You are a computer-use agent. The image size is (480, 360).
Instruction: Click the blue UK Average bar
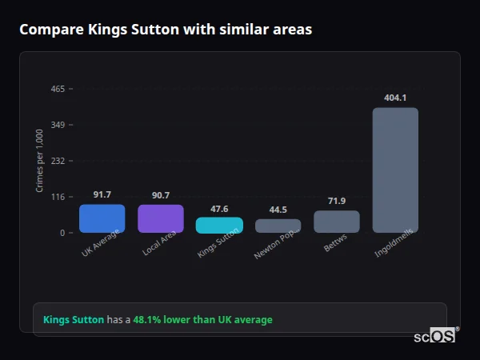point(102,218)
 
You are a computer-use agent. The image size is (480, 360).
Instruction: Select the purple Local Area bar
point(160,218)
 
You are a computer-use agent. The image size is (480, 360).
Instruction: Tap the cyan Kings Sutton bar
point(219,225)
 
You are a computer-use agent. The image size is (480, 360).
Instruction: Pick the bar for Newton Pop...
point(278,226)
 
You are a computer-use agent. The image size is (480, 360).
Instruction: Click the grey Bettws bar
point(336,222)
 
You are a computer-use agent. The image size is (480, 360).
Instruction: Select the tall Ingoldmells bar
point(395,170)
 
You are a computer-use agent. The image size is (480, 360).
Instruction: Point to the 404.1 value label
point(395,98)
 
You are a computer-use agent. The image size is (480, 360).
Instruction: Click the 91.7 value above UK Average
point(102,194)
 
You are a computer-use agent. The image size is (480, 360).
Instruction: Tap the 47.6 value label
point(219,209)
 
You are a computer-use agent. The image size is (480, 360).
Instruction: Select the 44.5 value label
point(278,210)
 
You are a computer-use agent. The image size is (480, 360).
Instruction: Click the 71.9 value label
point(336,201)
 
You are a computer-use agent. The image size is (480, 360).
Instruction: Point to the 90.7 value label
point(160,195)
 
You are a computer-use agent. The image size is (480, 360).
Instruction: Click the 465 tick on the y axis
point(58,89)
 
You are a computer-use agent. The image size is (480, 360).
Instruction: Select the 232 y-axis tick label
point(58,161)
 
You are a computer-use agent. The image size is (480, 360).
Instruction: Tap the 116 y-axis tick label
point(58,197)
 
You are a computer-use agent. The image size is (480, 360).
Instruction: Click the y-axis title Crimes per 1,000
point(39,161)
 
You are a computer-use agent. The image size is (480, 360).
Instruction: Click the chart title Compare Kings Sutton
point(166,30)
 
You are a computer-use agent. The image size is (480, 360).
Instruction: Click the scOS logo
point(434,336)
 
